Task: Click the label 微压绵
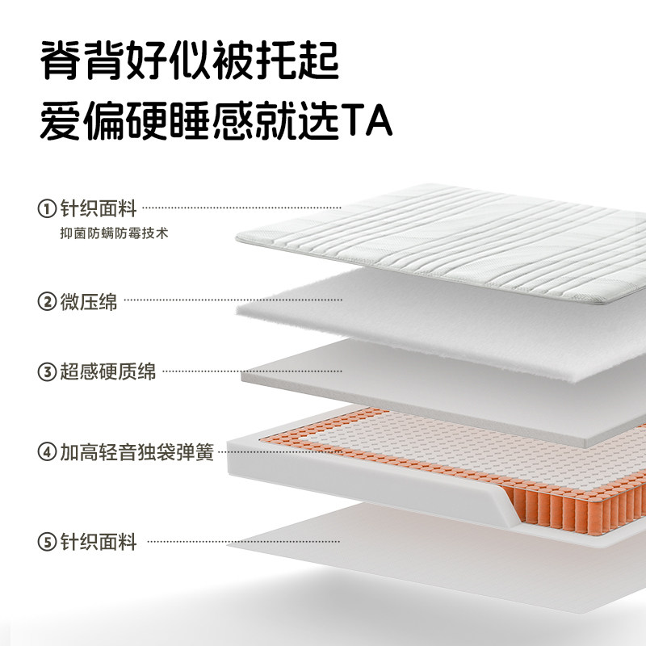tap(89, 302)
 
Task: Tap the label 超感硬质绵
tap(108, 372)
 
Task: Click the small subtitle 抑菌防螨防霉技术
tap(110, 233)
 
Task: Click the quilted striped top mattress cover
tap(452, 234)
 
